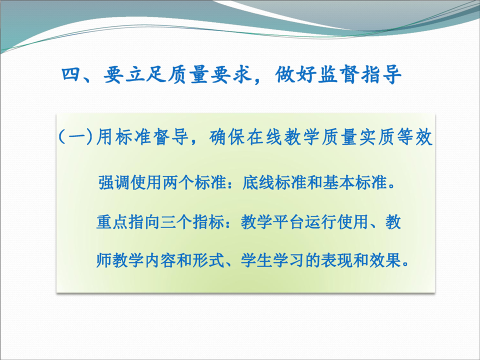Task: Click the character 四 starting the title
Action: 70,74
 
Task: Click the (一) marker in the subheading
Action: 75,137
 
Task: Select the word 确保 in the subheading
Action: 227,137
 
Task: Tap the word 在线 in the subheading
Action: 264,137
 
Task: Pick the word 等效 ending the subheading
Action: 414,137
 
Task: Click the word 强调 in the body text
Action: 114,183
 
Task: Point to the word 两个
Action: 178,183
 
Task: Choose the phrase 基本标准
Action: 355,183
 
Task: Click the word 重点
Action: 112,222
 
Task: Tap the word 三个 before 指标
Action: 176,222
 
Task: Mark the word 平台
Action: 288,222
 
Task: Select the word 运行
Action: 321,222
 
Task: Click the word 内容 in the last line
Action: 160,260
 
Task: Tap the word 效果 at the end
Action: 385,260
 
